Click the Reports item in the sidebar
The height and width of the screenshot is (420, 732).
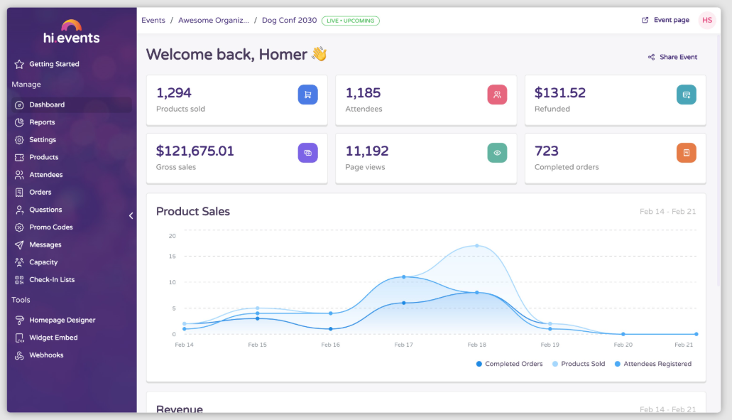point(42,122)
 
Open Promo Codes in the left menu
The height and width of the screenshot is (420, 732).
point(50,227)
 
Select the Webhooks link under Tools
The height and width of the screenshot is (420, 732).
point(46,355)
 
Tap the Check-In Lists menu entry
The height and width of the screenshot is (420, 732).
point(51,280)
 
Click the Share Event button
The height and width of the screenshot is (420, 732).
point(672,57)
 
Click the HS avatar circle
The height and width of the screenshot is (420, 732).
point(707,20)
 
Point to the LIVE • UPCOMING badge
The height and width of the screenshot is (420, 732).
point(351,21)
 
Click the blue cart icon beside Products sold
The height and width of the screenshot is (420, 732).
point(307,94)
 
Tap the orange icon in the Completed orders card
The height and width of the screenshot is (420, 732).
point(687,152)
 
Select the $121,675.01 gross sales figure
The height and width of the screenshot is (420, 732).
point(195,151)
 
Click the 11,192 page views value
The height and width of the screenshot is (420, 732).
point(367,151)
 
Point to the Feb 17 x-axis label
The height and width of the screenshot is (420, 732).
point(403,345)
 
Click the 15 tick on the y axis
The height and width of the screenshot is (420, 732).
point(172,256)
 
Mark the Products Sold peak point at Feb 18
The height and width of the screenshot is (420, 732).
point(476,246)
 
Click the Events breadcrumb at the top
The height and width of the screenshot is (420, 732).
point(153,21)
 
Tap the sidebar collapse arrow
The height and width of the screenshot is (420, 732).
point(131,215)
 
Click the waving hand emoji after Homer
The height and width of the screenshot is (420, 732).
point(319,54)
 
